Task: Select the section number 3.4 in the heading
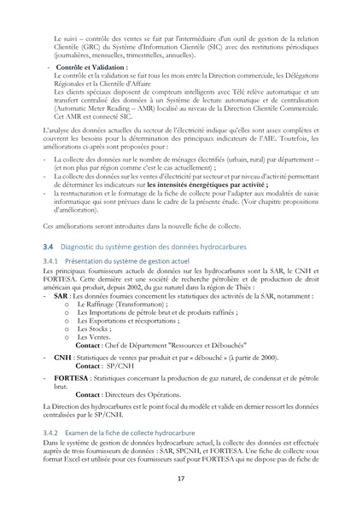pyautogui.click(x=48, y=245)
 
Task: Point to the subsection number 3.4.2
pyautogui.click(x=51, y=433)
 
